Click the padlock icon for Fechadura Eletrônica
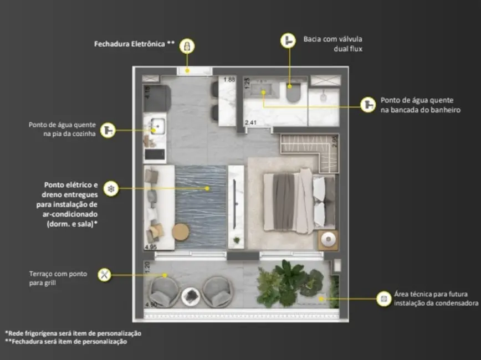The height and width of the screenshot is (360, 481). click(187, 45)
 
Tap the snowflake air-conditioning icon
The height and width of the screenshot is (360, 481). click(111, 188)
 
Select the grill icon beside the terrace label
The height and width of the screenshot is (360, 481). click(104, 274)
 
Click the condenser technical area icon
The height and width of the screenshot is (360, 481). click(383, 299)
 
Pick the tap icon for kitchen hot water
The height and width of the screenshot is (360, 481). click(109, 130)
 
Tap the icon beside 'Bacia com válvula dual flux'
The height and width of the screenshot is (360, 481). click(288, 40)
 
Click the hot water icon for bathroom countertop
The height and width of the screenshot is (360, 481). click(368, 105)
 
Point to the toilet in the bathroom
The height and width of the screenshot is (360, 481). click(293, 91)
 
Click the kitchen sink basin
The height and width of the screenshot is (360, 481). click(155, 125)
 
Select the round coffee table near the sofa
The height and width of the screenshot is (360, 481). click(181, 232)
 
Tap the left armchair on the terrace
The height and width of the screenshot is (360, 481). click(164, 291)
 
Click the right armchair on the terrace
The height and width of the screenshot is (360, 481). click(216, 291)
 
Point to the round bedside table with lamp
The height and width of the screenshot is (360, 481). click(328, 240)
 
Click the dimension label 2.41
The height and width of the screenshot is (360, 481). click(252, 123)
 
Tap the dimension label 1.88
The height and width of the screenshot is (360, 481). click(229, 80)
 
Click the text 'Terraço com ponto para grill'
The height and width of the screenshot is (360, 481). click(58, 278)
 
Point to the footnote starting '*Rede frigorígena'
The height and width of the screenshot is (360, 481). click(73, 333)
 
